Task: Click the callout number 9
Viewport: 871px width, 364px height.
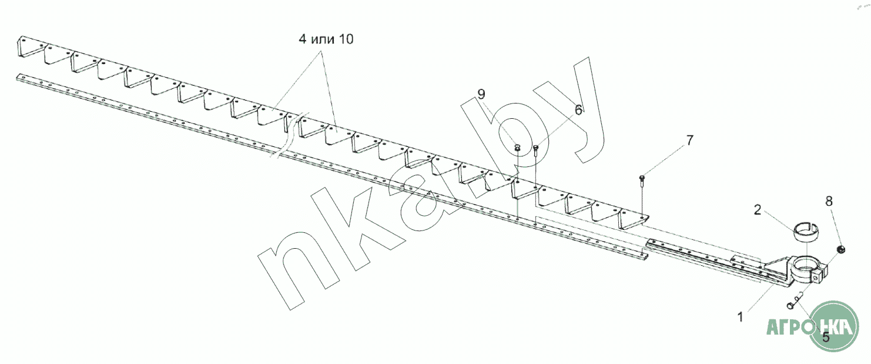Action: point(482,94)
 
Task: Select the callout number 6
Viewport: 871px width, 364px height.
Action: point(578,110)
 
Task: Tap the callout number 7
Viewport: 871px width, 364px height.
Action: point(689,140)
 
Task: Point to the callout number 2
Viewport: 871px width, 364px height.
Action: point(758,209)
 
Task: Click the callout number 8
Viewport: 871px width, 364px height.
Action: point(829,201)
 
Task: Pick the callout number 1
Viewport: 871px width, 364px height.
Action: point(741,317)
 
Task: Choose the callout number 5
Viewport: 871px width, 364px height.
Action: point(826,338)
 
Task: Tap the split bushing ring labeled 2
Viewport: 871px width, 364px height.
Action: point(795,231)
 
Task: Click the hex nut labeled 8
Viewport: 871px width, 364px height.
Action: point(841,250)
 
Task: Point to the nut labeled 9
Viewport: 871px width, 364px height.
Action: point(517,148)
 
